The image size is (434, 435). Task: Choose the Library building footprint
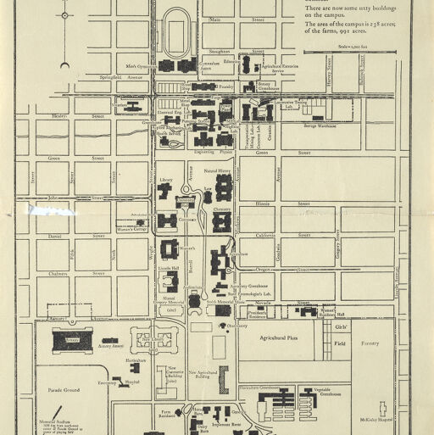click(x=164, y=192)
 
